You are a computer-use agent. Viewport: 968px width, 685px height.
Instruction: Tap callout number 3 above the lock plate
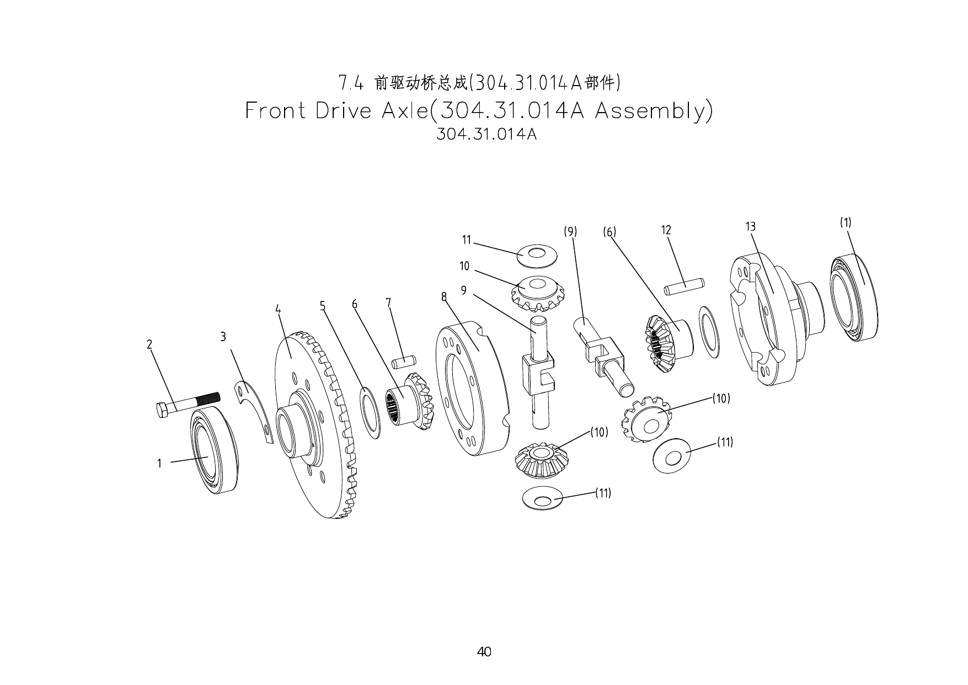223,337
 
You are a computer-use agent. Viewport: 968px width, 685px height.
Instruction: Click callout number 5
323,306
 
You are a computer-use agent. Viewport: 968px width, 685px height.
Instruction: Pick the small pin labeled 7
403,362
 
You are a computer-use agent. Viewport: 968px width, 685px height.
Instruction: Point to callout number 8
443,297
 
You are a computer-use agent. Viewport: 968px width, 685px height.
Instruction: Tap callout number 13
750,226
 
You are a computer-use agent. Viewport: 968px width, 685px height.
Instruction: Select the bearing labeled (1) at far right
854,298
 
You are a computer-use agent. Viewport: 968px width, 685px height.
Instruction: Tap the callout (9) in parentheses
570,232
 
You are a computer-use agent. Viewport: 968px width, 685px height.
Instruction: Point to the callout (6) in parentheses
609,232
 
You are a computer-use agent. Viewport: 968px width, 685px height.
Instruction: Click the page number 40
484,652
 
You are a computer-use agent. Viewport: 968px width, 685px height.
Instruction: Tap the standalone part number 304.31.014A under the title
486,135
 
